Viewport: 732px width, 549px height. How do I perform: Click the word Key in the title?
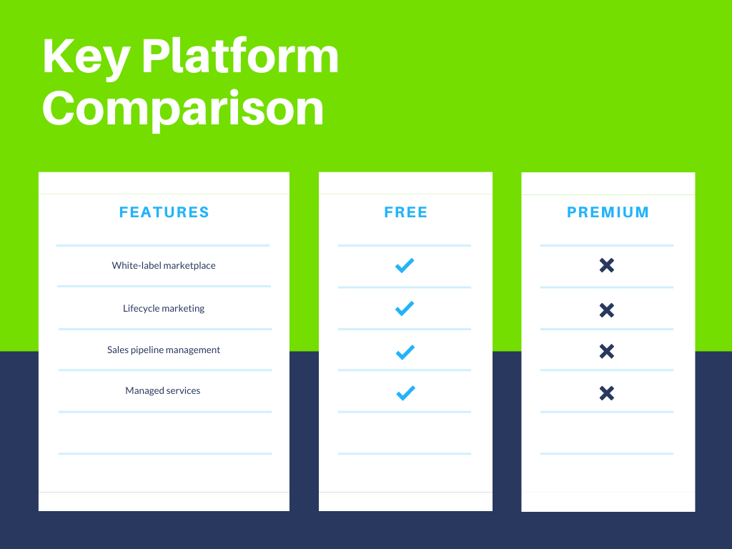(x=86, y=58)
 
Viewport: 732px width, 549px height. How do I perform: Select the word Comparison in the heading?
(x=183, y=109)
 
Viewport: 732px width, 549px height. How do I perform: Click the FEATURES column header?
(x=164, y=212)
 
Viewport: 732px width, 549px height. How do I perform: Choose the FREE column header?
(x=406, y=212)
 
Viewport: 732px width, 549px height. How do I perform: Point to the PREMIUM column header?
(x=608, y=212)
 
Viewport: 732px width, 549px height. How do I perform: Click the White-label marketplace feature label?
(x=164, y=266)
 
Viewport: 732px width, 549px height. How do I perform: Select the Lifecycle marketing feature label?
(x=164, y=309)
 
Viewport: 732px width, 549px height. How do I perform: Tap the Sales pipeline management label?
(x=164, y=350)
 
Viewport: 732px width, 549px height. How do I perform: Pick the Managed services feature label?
(x=162, y=391)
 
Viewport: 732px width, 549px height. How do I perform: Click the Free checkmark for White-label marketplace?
(x=405, y=265)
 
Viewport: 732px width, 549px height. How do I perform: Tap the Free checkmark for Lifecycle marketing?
(x=405, y=308)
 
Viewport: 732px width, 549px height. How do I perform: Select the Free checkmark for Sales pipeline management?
(x=405, y=352)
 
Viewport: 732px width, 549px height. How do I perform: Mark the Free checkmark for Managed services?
(x=406, y=393)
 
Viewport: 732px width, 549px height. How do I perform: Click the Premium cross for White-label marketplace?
(x=607, y=265)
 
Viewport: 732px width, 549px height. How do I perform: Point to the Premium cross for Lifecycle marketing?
(x=607, y=310)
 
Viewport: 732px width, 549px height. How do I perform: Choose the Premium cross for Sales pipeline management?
(x=607, y=352)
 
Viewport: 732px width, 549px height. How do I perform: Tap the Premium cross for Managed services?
(x=607, y=394)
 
